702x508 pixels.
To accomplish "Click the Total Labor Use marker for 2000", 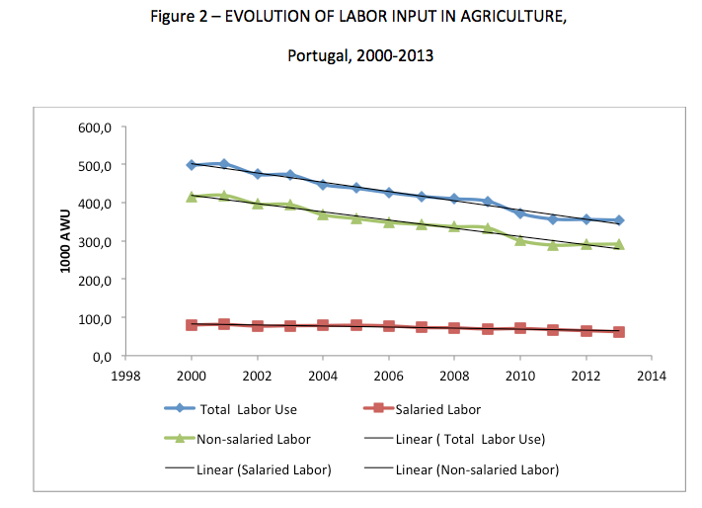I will tap(192, 165).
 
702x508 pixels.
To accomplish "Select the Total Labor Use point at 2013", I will tap(619, 220).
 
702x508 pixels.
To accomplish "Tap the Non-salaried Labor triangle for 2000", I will tap(192, 197).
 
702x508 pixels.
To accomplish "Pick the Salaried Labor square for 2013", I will tap(619, 332).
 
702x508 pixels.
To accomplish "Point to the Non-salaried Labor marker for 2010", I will tap(520, 239).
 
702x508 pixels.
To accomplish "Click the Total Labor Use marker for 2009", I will tap(488, 202).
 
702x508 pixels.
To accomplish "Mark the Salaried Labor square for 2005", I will tap(356, 325).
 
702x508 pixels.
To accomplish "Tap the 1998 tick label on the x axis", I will tap(125, 377).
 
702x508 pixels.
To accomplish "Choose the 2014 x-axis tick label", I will tap(652, 377).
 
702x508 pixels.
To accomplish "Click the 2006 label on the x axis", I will tap(389, 377).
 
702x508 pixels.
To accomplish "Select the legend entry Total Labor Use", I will tap(248, 408).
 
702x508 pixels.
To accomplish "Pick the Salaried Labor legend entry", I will tap(437, 408).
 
